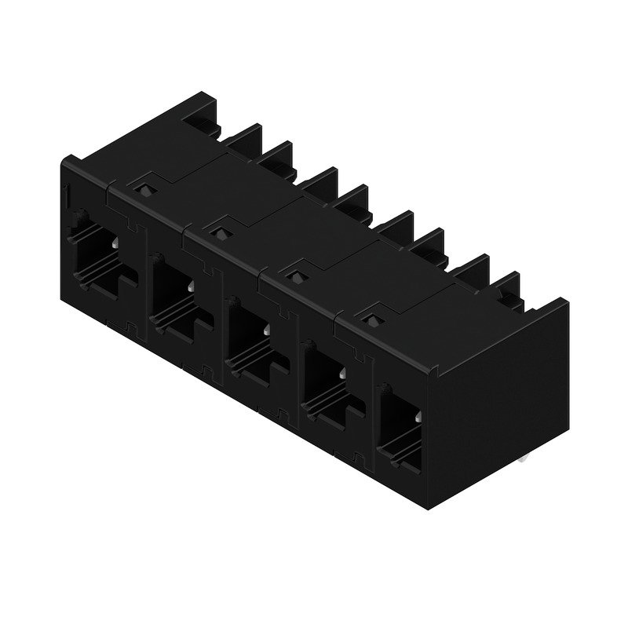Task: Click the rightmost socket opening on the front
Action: pyautogui.click(x=400, y=420)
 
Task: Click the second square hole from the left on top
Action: pyautogui.click(x=217, y=231)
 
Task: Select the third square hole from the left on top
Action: pyautogui.click(x=294, y=274)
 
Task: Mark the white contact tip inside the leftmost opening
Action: pyautogui.click(x=115, y=245)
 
